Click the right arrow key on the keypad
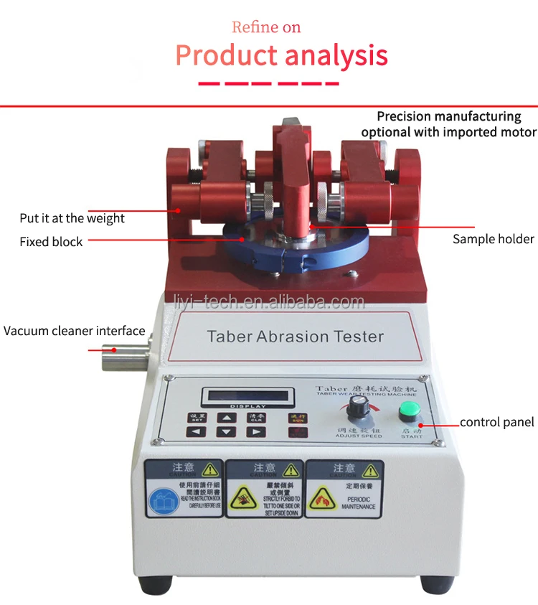255,432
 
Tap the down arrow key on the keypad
225,432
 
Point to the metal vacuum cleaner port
121,355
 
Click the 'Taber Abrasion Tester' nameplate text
295,336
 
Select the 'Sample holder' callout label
493,239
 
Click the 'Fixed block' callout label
51,242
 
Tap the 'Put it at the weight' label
72,218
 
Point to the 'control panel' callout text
496,422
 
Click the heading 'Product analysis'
281,55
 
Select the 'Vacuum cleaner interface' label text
75,332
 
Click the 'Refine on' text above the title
266,27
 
